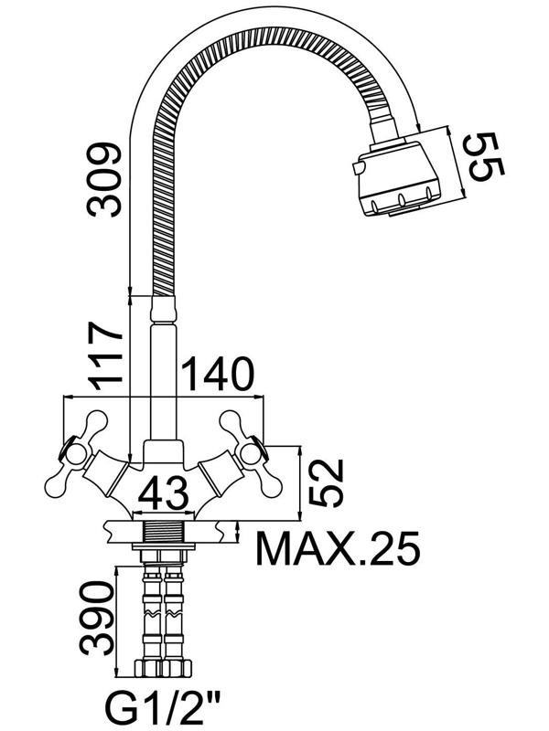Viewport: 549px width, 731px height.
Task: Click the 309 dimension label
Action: coord(103,180)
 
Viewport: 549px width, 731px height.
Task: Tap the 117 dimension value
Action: coord(104,355)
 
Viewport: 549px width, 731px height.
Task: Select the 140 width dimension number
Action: coord(218,374)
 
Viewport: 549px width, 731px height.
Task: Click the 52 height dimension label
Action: coord(327,482)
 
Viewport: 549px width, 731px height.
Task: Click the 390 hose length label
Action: coord(97,618)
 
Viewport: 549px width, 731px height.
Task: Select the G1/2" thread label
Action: coord(164,708)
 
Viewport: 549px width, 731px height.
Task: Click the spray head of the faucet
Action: coord(398,177)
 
